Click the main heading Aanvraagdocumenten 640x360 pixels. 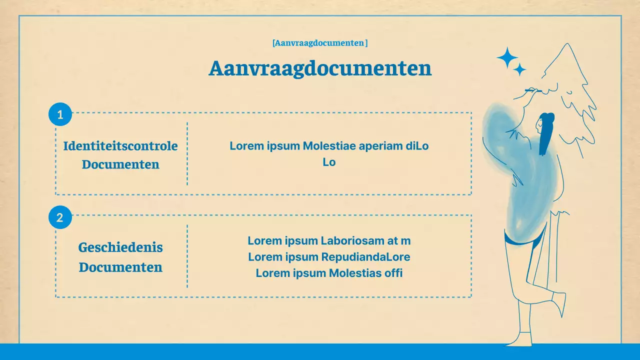point(320,68)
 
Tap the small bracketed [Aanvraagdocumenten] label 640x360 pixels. point(320,43)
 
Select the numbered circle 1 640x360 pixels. point(60,114)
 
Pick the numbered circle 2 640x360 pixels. point(60,217)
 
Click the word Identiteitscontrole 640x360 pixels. point(120,146)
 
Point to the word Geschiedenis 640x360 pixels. point(120,247)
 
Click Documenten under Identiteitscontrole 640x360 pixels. point(120,164)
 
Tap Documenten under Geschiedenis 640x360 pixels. point(120,267)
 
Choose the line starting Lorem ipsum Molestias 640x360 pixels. point(329,273)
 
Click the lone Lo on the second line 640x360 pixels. point(329,162)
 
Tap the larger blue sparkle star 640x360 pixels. point(507,57)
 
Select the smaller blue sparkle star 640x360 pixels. point(520,69)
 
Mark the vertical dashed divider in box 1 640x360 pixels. point(187,153)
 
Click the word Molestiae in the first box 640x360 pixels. point(327,146)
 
